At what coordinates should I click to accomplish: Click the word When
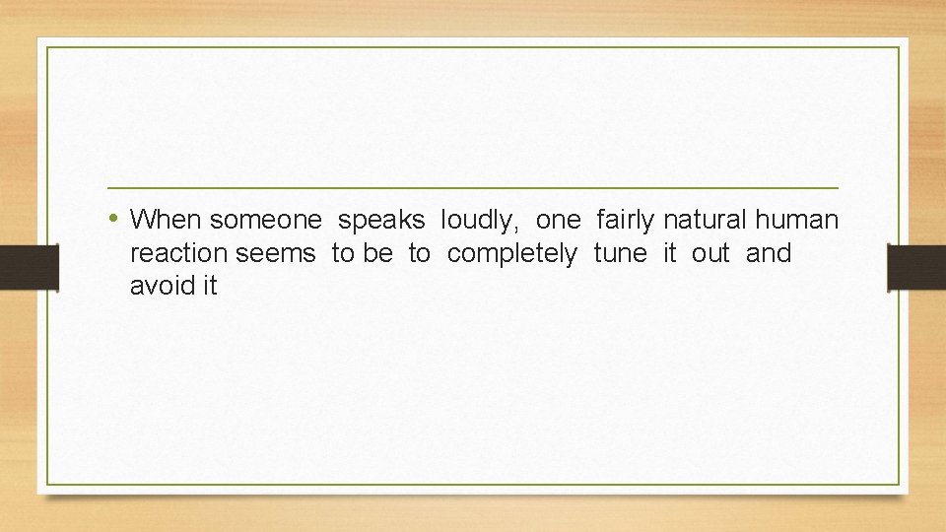(167, 219)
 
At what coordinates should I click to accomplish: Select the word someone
(266, 219)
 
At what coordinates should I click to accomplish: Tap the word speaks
(381, 221)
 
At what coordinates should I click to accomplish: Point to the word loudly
(480, 221)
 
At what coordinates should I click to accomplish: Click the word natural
(706, 219)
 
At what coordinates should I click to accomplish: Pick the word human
(797, 219)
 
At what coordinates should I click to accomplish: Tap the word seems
(277, 254)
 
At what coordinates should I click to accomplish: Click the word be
(377, 253)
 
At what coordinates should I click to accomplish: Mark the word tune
(621, 253)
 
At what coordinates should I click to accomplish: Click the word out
(710, 253)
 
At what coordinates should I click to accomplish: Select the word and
(769, 253)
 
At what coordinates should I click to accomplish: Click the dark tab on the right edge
(916, 267)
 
